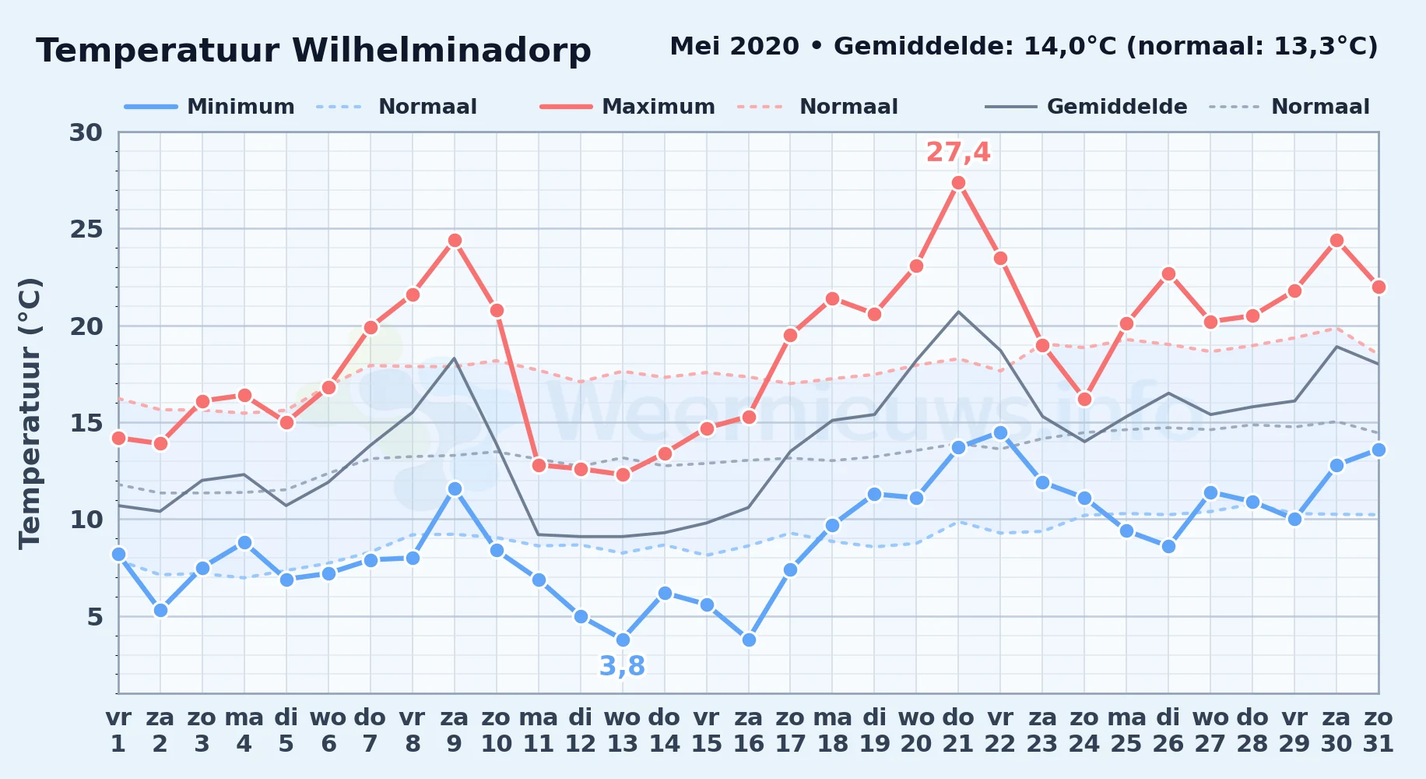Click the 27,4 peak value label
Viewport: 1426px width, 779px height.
pyautogui.click(x=957, y=153)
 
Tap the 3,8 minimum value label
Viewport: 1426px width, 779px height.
pyautogui.click(x=622, y=666)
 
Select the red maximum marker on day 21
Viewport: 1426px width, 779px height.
pyautogui.click(x=958, y=183)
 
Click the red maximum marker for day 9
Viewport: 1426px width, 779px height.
pyautogui.click(x=455, y=241)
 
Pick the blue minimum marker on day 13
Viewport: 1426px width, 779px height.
pyautogui.click(x=623, y=640)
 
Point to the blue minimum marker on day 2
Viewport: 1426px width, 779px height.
pyautogui.click(x=160, y=611)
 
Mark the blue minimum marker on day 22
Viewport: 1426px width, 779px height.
pyautogui.click(x=1000, y=432)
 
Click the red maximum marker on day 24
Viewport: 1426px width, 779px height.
pyautogui.click(x=1084, y=400)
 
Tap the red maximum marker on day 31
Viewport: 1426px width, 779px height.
pyautogui.click(x=1379, y=287)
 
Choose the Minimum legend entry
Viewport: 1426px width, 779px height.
pyautogui.click(x=210, y=107)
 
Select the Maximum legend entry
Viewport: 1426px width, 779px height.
pyautogui.click(x=628, y=107)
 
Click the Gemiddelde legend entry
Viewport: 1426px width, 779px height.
pyautogui.click(x=1087, y=107)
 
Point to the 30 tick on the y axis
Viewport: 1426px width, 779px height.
pyautogui.click(x=86, y=132)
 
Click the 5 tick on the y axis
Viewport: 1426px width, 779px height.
pyautogui.click(x=95, y=617)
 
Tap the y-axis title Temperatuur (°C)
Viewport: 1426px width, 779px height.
pyautogui.click(x=30, y=413)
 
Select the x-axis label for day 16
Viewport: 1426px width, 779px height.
pyautogui.click(x=749, y=731)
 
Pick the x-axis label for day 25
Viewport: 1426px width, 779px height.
pyautogui.click(x=1126, y=731)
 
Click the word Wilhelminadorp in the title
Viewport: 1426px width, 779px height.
pyautogui.click(x=441, y=51)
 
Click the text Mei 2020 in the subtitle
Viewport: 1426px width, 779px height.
pyautogui.click(x=734, y=47)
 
